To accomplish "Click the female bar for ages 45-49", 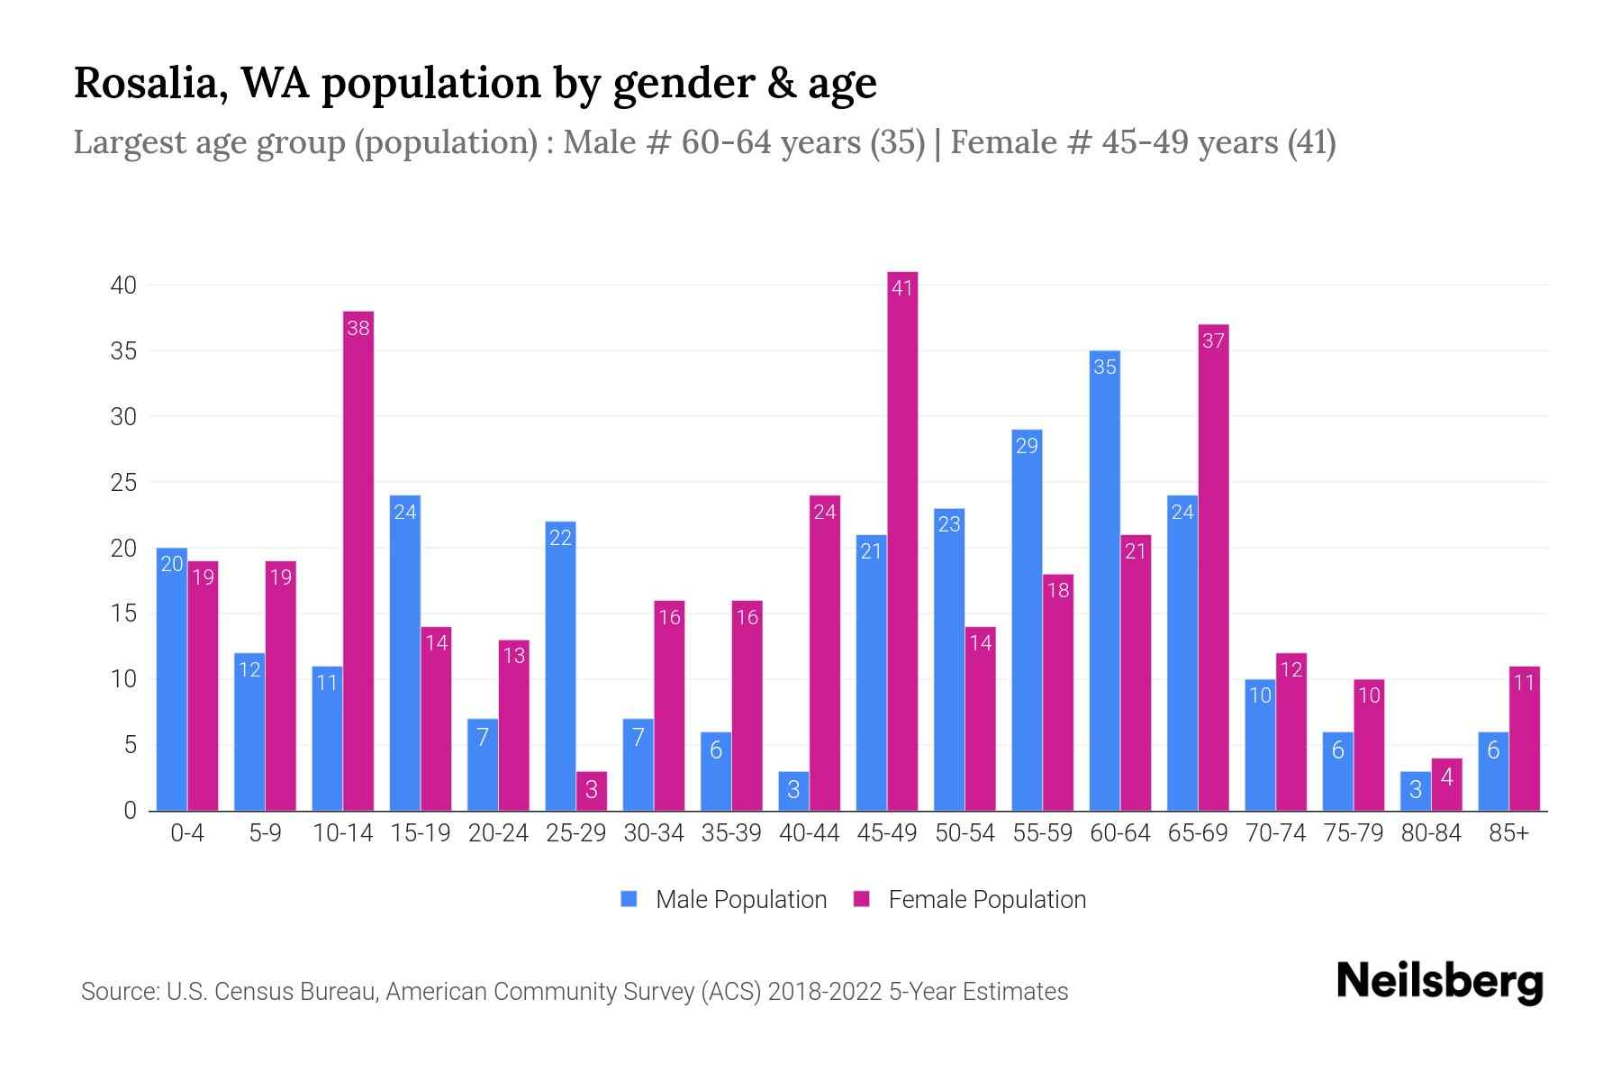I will coord(902,540).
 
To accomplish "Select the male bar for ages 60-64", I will coord(1104,581).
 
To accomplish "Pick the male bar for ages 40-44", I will coord(793,791).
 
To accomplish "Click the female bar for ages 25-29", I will coord(592,791).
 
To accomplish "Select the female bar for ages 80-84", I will coord(1446,785).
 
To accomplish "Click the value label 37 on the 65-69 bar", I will coord(1213,341).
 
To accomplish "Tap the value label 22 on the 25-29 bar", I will coord(560,538).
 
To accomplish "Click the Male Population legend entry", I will coord(724,899).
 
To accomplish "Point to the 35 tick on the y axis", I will coord(123,351).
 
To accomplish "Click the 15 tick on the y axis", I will coord(123,614).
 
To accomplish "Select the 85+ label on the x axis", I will coord(1508,833).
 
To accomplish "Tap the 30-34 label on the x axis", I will coord(654,833).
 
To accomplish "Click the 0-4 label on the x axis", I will coord(187,833).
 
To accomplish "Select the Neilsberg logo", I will coord(1439,981).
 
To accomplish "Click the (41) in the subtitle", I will coord(1311,142).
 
